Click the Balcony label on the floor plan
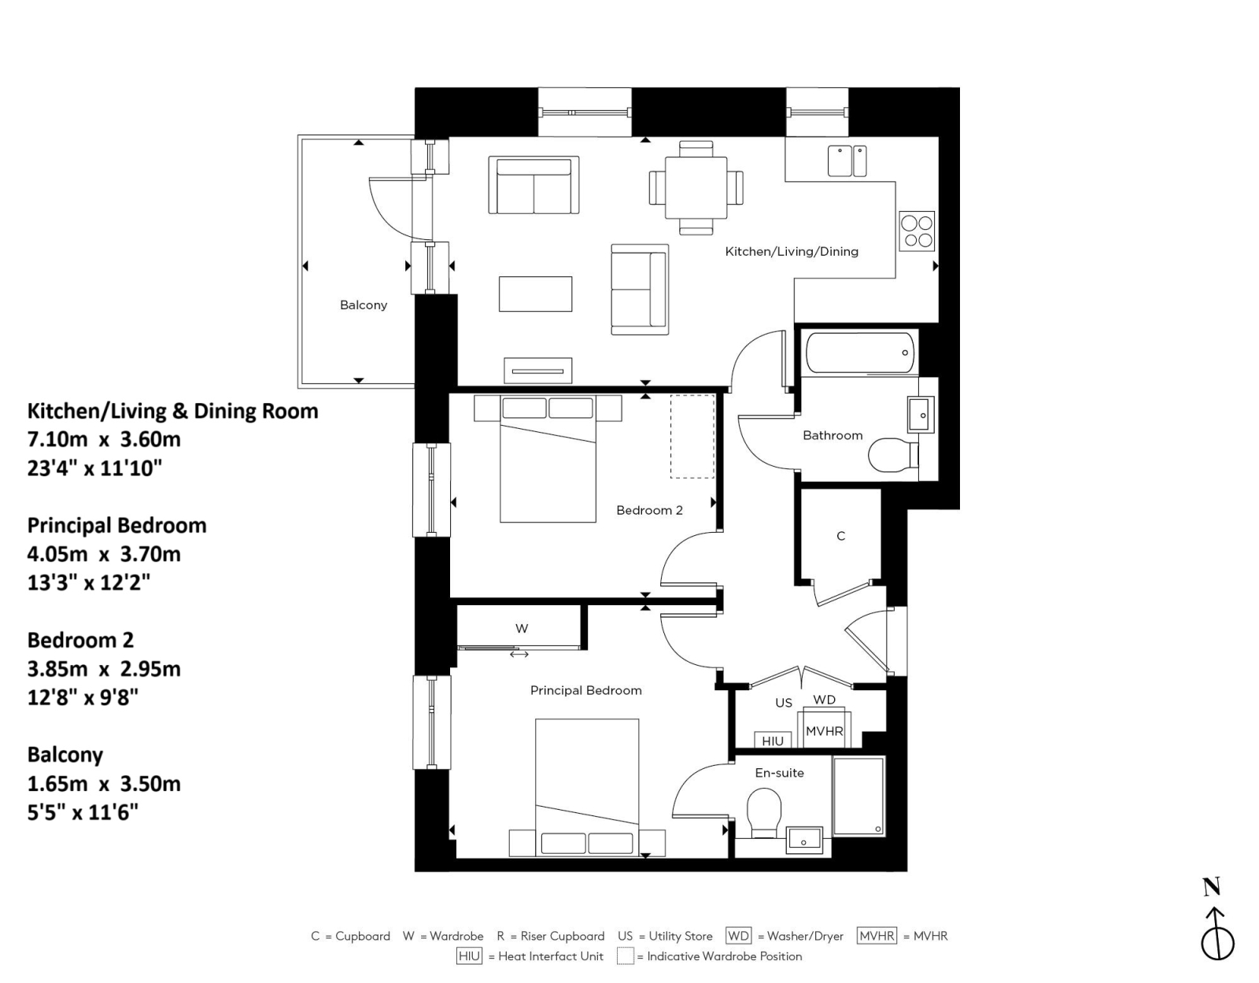[x=363, y=305]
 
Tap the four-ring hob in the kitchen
[x=917, y=231]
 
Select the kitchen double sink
[x=847, y=161]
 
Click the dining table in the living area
[x=696, y=187]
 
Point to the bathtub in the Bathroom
[x=859, y=352]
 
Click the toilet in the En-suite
[x=763, y=812]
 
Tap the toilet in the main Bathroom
[x=892, y=455]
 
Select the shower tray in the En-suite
[x=858, y=796]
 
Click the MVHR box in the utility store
[x=824, y=731]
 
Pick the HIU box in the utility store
[x=773, y=741]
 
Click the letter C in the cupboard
[x=840, y=536]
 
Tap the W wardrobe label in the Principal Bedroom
[x=522, y=628]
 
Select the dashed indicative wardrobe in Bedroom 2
[x=692, y=437]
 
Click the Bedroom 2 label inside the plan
[x=649, y=510]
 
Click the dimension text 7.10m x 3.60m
[x=104, y=439]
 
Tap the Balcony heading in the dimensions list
[x=65, y=755]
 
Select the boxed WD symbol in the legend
[x=738, y=936]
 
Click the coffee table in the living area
[x=535, y=294]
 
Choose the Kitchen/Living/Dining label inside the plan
[x=791, y=251]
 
